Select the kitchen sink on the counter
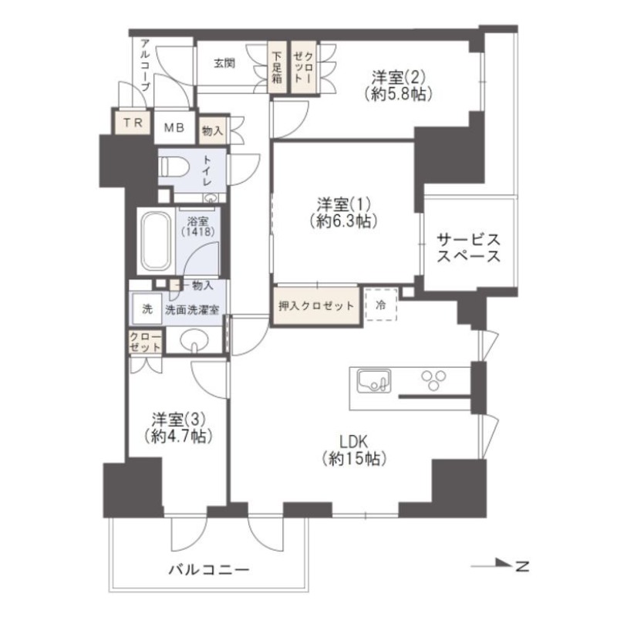click(x=373, y=381)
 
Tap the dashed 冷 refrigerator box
click(x=379, y=303)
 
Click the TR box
click(x=129, y=124)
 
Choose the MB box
click(x=174, y=128)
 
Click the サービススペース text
click(x=468, y=248)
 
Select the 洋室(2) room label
click(x=398, y=77)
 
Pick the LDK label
click(x=355, y=441)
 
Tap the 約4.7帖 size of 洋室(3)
click(x=178, y=437)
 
